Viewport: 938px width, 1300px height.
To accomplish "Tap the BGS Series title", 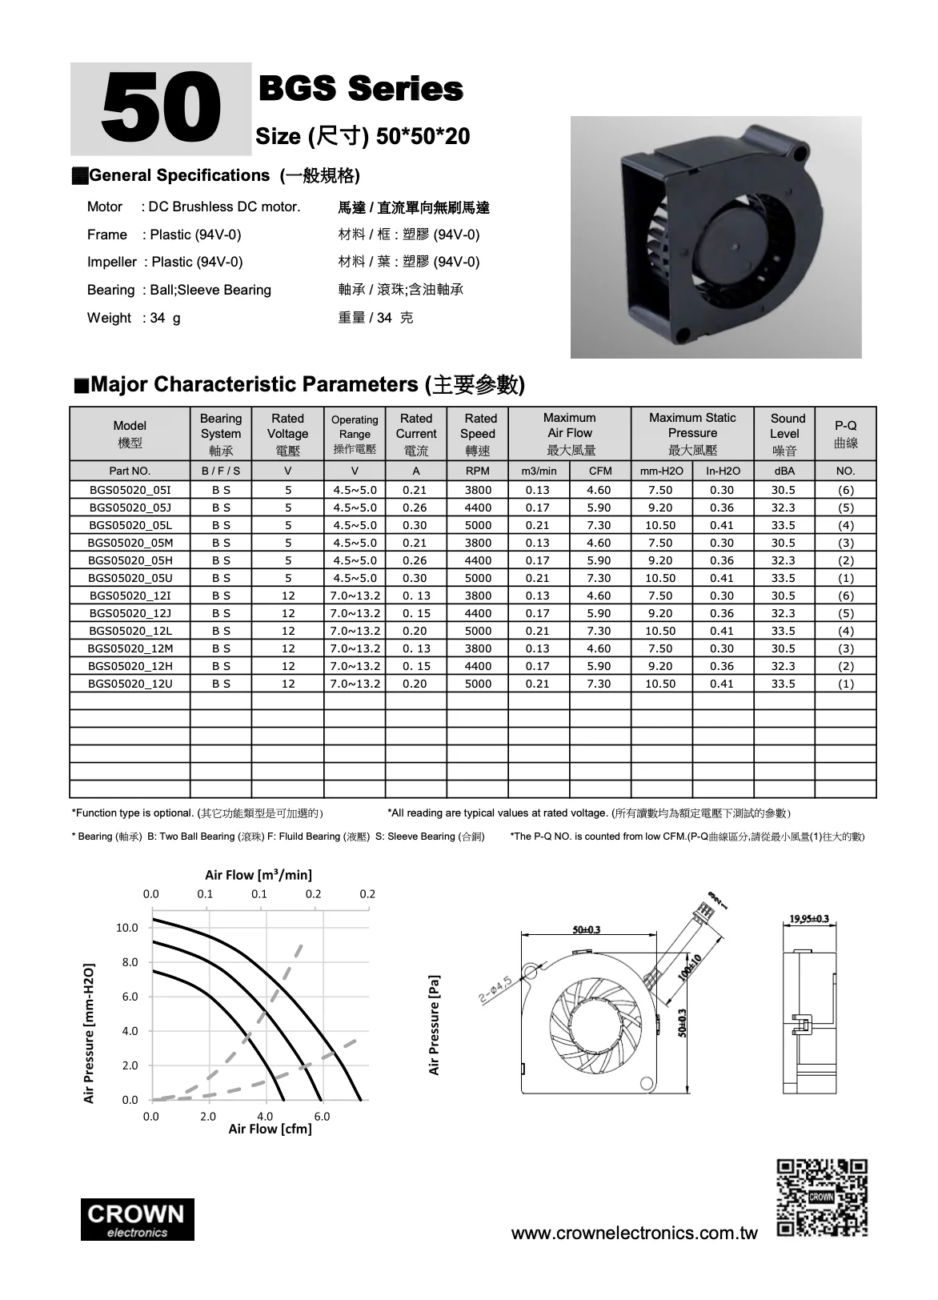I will (361, 90).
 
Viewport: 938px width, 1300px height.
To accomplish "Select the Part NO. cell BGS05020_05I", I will (130, 490).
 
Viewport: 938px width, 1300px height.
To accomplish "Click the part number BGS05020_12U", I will (130, 684).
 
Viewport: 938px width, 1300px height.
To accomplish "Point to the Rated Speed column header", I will (478, 434).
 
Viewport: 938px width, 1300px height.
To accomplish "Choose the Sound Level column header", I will (785, 434).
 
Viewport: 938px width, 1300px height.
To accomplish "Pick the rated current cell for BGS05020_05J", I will (415, 508).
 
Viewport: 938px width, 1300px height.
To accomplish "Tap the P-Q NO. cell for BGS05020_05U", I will (845, 578).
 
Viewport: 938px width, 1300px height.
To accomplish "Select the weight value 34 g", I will (165, 318).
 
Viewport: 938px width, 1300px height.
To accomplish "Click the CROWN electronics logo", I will (137, 1220).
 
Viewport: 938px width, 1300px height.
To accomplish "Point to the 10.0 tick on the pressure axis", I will (127, 928).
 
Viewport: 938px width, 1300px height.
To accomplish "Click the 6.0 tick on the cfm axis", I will (322, 1116).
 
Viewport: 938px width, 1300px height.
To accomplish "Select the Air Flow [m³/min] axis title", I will (259, 875).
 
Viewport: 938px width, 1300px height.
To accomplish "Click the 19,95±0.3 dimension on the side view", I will (808, 918).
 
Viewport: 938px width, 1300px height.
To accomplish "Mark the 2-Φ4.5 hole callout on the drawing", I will (495, 989).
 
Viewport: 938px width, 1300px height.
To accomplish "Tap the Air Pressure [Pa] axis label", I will (434, 1024).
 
